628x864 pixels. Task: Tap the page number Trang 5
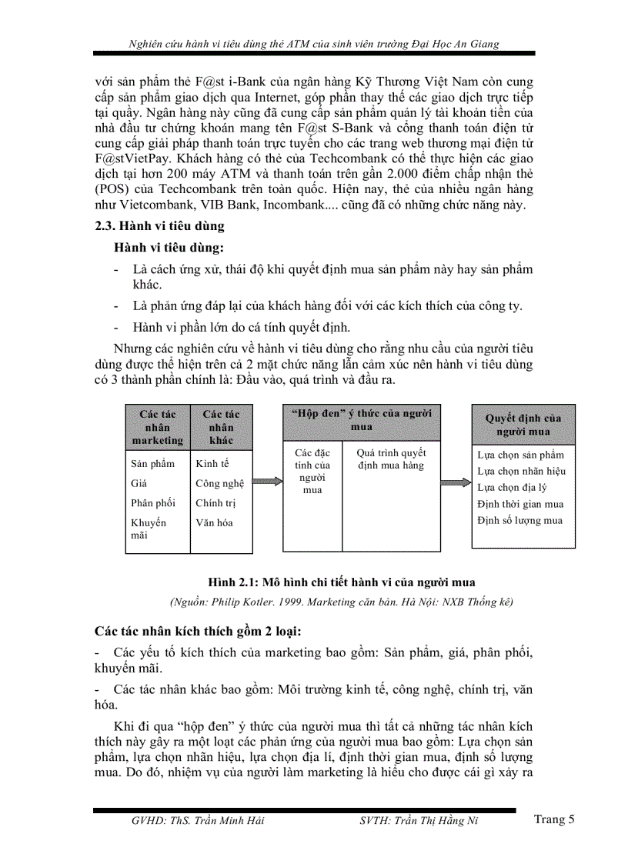pos(554,819)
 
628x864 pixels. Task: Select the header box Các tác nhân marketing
pos(158,427)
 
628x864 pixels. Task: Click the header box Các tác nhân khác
pos(222,427)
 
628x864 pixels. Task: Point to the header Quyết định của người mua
pos(523,425)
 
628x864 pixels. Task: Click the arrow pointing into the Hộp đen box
pos(267,482)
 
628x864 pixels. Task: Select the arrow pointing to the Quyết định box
pos(456,482)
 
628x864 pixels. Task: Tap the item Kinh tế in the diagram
pos(212,463)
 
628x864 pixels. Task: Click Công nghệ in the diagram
pos(219,483)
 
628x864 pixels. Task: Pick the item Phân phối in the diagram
pos(153,502)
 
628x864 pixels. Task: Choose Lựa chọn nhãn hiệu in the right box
pos(521,471)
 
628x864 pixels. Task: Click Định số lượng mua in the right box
pos(519,521)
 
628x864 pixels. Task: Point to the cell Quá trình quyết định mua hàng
pos(392,459)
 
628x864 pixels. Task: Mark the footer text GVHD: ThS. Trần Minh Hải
pos(198,821)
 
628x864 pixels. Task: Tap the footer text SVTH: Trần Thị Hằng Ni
pos(419,821)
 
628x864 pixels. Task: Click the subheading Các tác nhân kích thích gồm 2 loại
pos(198,631)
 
